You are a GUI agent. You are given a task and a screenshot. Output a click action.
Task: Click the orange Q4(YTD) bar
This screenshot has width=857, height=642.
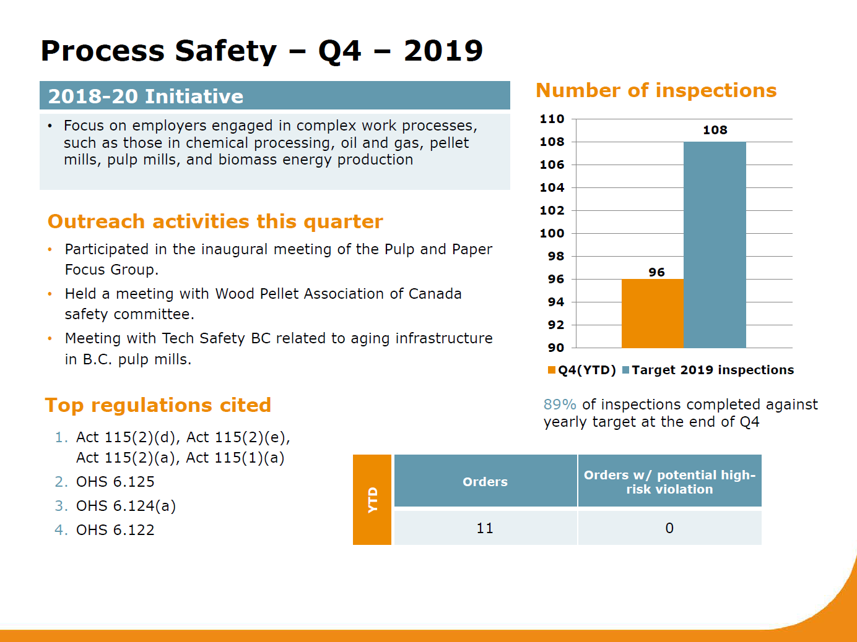click(652, 313)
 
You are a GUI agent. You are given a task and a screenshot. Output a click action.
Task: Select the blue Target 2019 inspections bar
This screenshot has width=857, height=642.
click(715, 244)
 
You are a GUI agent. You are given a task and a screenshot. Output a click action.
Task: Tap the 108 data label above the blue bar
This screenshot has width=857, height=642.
click(715, 130)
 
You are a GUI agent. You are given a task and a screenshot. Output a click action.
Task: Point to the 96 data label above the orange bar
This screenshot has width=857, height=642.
click(656, 272)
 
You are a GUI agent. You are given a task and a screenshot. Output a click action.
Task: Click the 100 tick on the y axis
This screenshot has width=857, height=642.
click(552, 233)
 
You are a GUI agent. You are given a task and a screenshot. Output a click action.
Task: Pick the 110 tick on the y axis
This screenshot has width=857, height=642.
click(552, 119)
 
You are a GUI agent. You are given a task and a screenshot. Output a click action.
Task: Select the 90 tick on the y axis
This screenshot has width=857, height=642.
click(555, 348)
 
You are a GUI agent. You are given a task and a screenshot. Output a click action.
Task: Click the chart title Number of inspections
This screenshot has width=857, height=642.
click(656, 90)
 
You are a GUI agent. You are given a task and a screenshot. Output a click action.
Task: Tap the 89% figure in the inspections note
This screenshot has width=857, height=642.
click(559, 404)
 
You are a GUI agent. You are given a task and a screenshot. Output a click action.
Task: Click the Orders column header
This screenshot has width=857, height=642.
click(485, 482)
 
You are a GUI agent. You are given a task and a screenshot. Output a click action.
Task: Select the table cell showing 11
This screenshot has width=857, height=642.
click(485, 528)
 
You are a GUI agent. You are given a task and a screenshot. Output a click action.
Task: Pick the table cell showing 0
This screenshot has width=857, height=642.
click(669, 528)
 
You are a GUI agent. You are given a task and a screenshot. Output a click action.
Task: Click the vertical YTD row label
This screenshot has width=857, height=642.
click(372, 500)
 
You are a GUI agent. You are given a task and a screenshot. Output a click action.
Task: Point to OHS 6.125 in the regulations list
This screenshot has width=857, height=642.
click(115, 482)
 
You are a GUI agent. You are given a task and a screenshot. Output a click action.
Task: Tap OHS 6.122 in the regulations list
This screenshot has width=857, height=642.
click(115, 530)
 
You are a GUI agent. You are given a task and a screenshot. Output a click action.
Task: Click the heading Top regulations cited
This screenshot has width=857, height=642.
click(158, 405)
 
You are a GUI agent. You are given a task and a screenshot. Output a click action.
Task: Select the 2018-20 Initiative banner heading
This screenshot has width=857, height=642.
click(146, 96)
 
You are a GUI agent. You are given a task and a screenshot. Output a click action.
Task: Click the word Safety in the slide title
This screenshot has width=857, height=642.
click(225, 51)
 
